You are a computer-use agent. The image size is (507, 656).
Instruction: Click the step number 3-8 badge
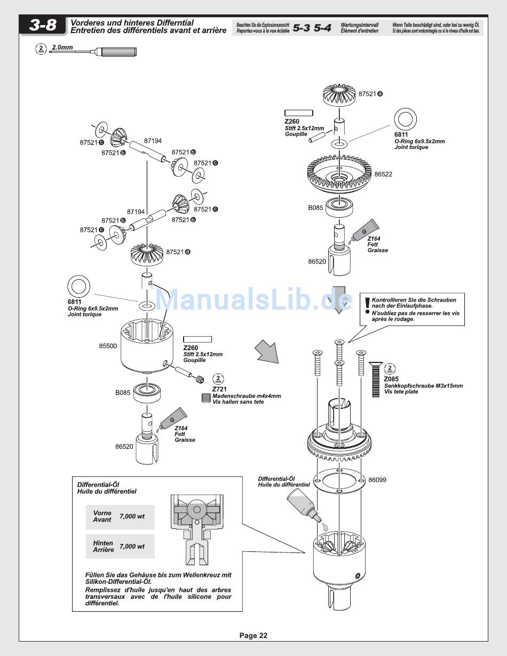click(43, 26)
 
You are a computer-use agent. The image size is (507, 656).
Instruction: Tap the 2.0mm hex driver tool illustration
click(93, 52)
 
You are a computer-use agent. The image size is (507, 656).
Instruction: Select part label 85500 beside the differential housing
click(108, 346)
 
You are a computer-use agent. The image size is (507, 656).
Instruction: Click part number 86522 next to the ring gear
click(383, 174)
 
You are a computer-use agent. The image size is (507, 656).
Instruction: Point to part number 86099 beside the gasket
click(377, 480)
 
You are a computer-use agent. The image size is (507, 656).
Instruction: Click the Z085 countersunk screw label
click(391, 379)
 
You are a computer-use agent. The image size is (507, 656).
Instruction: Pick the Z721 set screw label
click(219, 389)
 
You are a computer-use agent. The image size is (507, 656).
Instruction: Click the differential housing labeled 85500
click(147, 346)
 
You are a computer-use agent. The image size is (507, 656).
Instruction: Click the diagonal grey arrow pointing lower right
click(266, 351)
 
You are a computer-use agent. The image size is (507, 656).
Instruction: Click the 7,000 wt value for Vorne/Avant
click(132, 516)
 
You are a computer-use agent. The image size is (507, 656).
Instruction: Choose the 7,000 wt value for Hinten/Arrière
click(132, 547)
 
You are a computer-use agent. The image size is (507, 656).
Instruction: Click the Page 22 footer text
click(253, 636)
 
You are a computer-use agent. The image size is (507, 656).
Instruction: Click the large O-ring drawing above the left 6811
click(79, 287)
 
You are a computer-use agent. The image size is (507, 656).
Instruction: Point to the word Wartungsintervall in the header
click(359, 25)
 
